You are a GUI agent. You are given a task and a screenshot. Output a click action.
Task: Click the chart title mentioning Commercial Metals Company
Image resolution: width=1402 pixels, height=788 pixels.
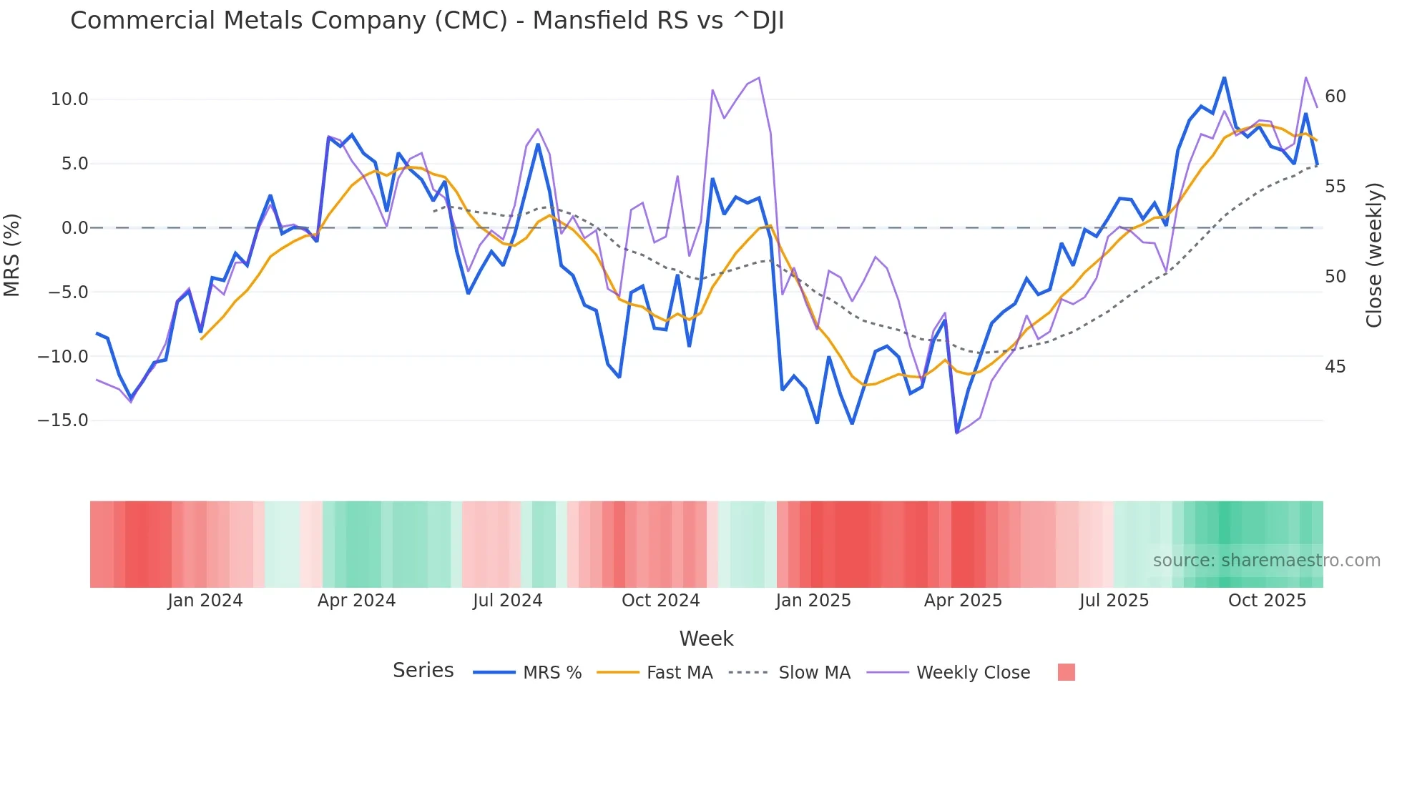click(427, 21)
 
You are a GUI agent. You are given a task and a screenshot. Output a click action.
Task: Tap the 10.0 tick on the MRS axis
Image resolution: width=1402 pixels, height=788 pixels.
click(69, 99)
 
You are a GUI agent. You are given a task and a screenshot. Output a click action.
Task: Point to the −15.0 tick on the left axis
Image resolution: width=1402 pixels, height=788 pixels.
click(63, 420)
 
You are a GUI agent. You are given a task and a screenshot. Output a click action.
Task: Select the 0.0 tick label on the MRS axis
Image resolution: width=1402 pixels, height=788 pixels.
click(74, 228)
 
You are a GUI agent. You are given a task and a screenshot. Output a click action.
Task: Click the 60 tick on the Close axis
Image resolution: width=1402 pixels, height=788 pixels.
click(1335, 97)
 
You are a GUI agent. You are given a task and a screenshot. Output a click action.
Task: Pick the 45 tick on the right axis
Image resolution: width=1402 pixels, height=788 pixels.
click(1335, 367)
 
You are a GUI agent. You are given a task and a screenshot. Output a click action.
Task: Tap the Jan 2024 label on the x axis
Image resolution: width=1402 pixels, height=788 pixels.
click(205, 601)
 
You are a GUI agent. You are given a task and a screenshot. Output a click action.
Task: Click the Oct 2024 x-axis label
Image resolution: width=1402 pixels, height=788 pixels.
click(660, 601)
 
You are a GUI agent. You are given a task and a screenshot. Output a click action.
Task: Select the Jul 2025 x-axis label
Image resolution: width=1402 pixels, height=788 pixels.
click(1114, 601)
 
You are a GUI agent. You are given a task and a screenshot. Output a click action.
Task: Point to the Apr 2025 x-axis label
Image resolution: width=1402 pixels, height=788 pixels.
click(963, 601)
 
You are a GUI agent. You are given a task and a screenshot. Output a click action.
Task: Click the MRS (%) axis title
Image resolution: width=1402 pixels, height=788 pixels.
click(12, 255)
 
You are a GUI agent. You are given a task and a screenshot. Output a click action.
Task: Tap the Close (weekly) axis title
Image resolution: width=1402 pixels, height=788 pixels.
click(1374, 255)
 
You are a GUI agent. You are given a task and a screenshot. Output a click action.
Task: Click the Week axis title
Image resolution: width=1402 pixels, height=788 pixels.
click(706, 639)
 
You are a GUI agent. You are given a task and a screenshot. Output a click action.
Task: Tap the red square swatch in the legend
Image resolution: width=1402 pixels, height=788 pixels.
click(1066, 672)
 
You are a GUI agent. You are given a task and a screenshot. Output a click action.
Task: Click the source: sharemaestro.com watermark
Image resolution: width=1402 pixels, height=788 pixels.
click(1266, 561)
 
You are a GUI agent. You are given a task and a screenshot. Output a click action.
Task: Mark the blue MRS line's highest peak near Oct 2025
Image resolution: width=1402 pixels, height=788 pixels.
click(1224, 77)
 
